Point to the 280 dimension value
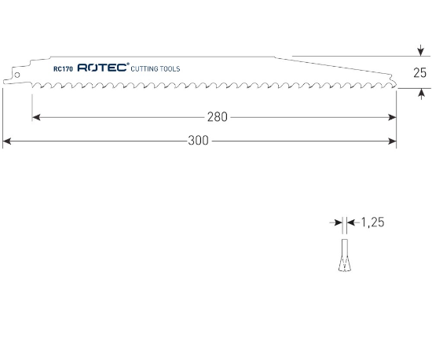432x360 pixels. (218, 117)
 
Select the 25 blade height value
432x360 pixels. (419, 73)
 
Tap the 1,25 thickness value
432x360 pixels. (372, 223)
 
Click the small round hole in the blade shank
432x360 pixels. (15, 75)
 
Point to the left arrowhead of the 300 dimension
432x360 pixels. (7, 142)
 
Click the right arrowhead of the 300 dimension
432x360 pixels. (392, 142)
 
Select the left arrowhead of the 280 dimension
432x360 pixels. (36, 117)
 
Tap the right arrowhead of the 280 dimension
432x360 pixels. (392, 117)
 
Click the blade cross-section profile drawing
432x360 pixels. (344, 256)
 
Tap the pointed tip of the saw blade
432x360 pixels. (394, 84)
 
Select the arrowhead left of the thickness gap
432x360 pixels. (339, 223)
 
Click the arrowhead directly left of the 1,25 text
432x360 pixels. (350, 223)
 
